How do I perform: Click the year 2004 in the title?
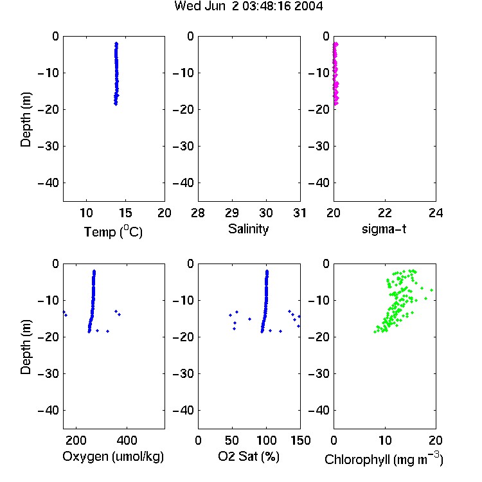(x=308, y=6)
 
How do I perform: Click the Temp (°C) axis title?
(x=113, y=231)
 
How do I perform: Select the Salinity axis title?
(x=248, y=229)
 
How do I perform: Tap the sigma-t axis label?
(x=384, y=229)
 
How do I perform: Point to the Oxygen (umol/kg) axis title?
(x=113, y=456)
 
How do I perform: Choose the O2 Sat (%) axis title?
(x=248, y=456)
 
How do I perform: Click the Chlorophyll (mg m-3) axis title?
(x=384, y=459)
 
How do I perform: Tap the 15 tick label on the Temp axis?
(x=125, y=213)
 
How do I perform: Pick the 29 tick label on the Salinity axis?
(x=232, y=213)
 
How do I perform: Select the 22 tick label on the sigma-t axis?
(x=385, y=213)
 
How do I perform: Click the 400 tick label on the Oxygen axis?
(x=127, y=440)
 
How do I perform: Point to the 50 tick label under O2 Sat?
(x=232, y=440)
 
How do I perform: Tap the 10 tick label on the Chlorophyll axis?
(x=385, y=440)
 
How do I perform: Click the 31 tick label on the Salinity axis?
(x=299, y=213)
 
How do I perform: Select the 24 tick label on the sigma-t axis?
(x=436, y=213)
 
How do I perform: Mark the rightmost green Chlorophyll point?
(x=432, y=290)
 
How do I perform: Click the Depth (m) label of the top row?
(x=26, y=120)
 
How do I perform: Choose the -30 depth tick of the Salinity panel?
(x=184, y=147)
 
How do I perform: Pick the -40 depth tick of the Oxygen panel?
(x=48, y=410)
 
